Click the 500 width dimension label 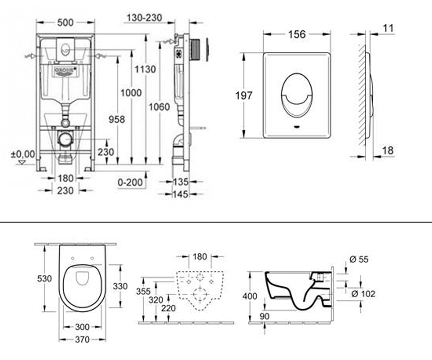pyautogui.click(x=66, y=23)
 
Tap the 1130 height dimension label pyautogui.click(x=145, y=69)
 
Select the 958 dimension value pyautogui.click(x=117, y=120)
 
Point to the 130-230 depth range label pyautogui.click(x=144, y=18)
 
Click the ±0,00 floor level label pyautogui.click(x=23, y=154)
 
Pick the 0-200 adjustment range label pyautogui.click(x=130, y=183)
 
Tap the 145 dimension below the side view pyautogui.click(x=181, y=194)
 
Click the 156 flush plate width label pyautogui.click(x=297, y=34)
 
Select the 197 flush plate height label pyautogui.click(x=244, y=96)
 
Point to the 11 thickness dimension pyautogui.click(x=388, y=28)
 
